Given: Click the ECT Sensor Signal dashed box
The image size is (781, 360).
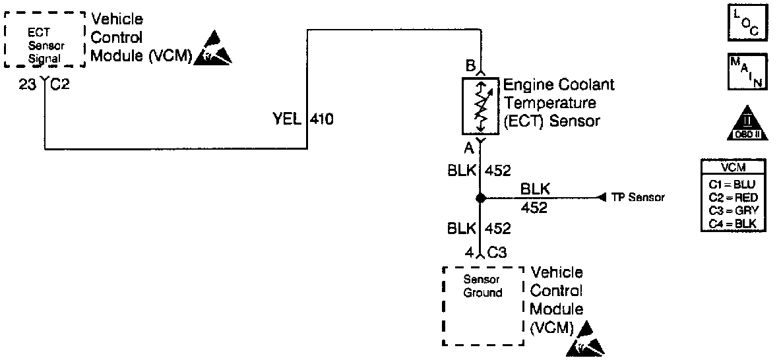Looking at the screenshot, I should (44, 40).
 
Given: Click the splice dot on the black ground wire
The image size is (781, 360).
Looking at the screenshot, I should (480, 198).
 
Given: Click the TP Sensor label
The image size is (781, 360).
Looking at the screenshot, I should (638, 197).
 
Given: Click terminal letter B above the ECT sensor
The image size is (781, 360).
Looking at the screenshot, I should (470, 66).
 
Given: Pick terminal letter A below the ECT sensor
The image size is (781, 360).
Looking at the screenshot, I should (470, 146).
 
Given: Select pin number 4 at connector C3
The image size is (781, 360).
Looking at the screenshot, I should (469, 252).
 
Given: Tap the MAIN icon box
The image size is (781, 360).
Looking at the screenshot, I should (745, 71).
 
